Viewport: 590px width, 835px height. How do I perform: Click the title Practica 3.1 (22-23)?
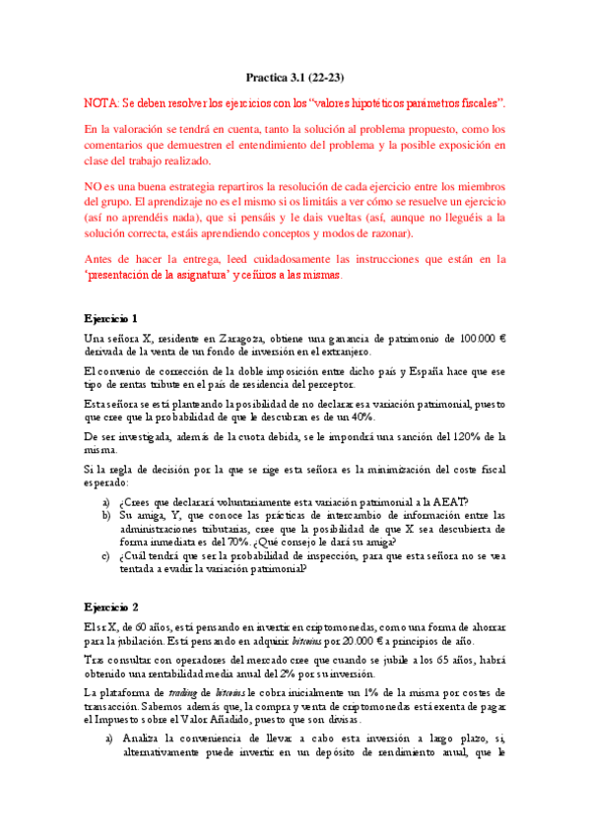pyautogui.click(x=295, y=77)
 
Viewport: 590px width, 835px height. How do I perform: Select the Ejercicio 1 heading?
pyautogui.click(x=110, y=318)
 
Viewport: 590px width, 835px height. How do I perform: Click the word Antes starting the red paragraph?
pyautogui.click(x=101, y=259)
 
